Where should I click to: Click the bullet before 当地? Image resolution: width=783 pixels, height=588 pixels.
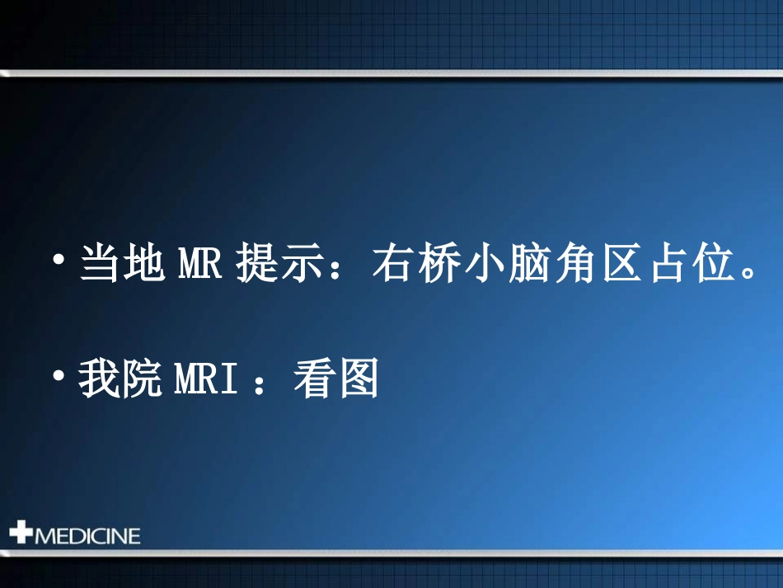click(x=58, y=261)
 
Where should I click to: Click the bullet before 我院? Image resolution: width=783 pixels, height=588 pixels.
click(x=58, y=376)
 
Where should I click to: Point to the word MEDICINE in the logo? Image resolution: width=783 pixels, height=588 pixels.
click(x=87, y=536)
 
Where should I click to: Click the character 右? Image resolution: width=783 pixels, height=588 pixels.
click(x=391, y=265)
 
